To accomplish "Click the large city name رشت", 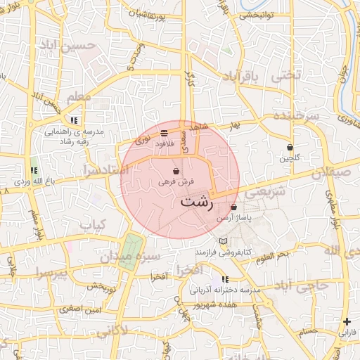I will pos(196,200).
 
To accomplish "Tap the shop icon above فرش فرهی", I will pos(175,172).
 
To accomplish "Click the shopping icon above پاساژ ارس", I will pos(233,207).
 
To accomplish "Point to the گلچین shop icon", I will pos(290,148).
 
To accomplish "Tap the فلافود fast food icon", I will pos(164,131).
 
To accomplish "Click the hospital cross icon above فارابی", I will pos(347,321).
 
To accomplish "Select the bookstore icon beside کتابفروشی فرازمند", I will pos(223,241).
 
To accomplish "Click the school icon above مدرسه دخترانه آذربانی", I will pos(224,280).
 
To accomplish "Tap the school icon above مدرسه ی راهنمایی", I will pos(74,120).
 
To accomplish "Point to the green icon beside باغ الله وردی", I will pos(34,170).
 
